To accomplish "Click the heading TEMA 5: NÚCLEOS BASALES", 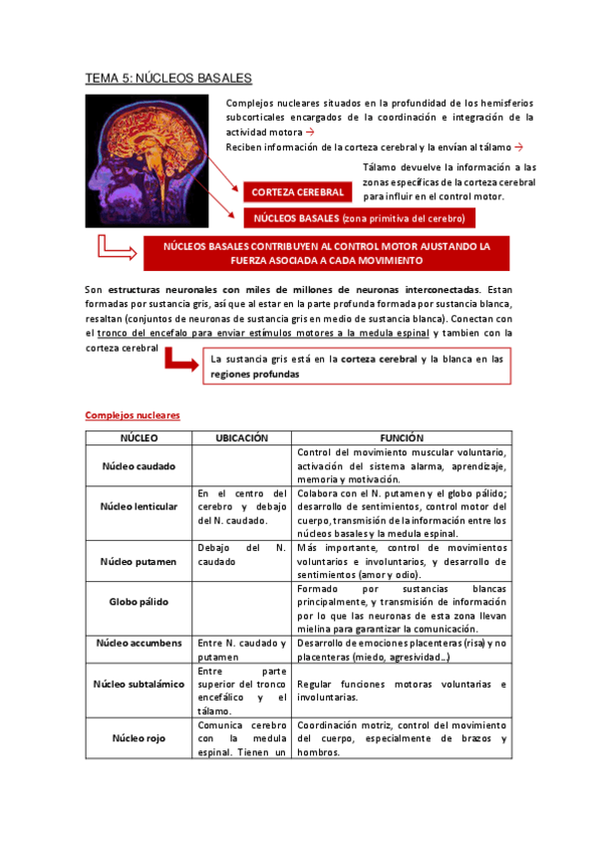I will click(167, 77).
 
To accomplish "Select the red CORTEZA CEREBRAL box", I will click(298, 191).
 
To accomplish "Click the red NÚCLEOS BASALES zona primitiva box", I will click(357, 217).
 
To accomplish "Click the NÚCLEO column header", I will click(139, 437).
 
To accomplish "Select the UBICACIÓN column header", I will click(242, 437).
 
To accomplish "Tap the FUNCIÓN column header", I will click(402, 437).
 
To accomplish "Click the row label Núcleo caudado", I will click(139, 465).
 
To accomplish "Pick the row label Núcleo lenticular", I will click(139, 506).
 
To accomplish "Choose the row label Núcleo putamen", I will click(139, 561).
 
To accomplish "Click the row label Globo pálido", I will click(139, 602).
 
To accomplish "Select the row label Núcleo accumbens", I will click(139, 644).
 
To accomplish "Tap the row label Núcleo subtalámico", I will click(139, 685).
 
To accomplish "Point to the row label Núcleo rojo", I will click(139, 738).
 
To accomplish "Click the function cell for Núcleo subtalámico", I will click(402, 691).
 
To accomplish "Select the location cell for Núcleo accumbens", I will click(242, 650).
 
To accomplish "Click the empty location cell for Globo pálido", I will click(242, 608).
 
